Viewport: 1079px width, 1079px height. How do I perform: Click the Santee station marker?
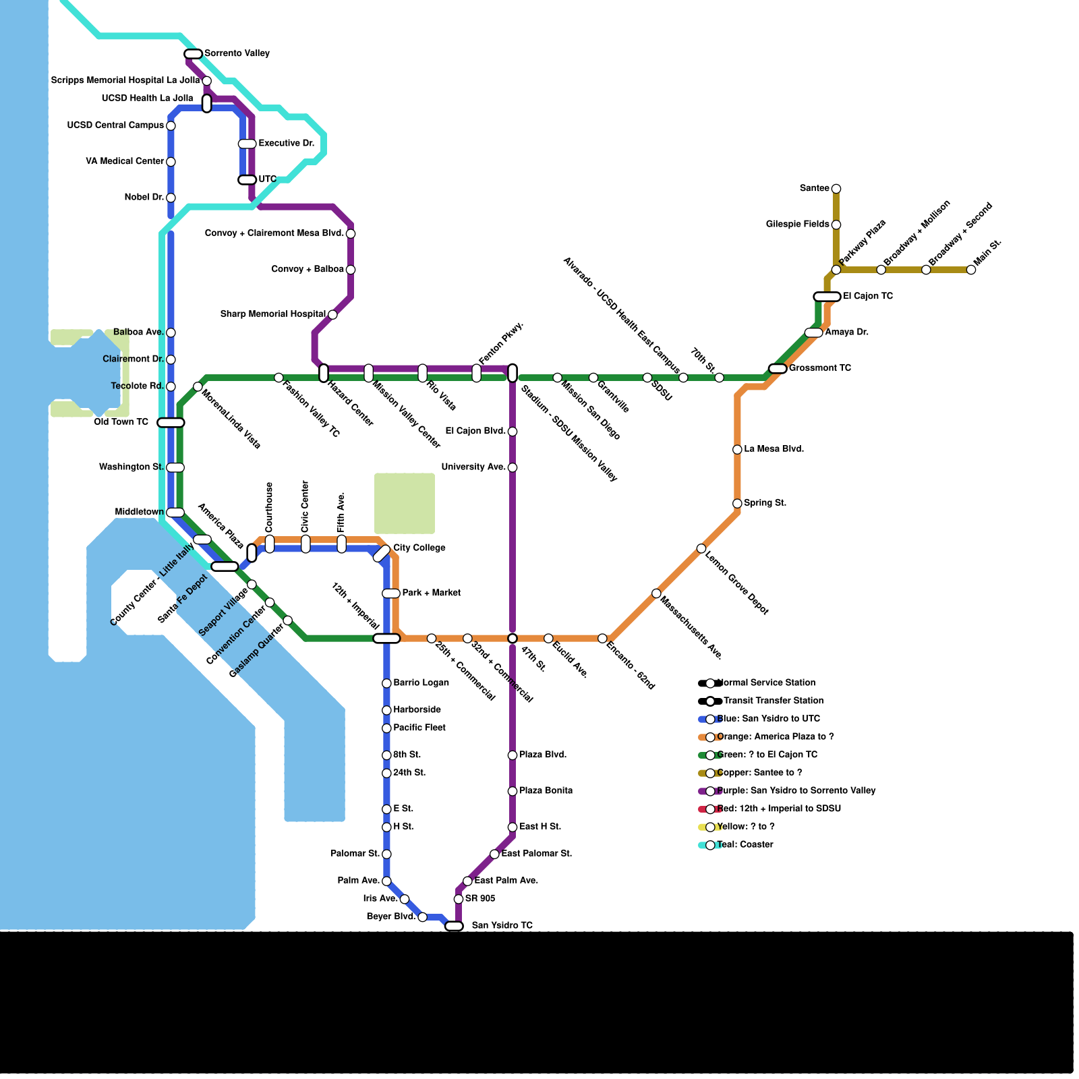(836, 189)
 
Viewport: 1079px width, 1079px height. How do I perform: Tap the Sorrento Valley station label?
(237, 53)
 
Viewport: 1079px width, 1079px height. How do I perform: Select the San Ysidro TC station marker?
(454, 926)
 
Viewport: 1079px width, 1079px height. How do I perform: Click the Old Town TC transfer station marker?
(171, 423)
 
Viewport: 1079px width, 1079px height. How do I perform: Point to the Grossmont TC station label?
(819, 368)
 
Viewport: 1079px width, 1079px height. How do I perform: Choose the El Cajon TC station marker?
(827, 297)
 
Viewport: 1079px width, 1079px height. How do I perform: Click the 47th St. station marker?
(513, 639)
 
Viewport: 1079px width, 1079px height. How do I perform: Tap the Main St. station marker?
(971, 270)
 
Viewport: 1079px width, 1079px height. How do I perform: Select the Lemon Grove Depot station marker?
(701, 549)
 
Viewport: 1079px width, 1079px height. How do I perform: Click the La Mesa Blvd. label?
(774, 449)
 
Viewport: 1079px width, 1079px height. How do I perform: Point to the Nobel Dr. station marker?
(171, 198)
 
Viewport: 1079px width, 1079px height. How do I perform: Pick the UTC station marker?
(247, 180)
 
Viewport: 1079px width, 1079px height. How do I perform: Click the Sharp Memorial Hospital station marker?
(332, 315)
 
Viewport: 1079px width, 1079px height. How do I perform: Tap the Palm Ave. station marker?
(386, 881)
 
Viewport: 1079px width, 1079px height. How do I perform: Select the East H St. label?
(539, 827)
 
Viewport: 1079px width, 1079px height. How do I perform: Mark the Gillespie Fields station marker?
(836, 225)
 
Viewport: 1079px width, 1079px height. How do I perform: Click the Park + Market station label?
(431, 593)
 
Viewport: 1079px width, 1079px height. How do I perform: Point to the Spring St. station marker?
(737, 504)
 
